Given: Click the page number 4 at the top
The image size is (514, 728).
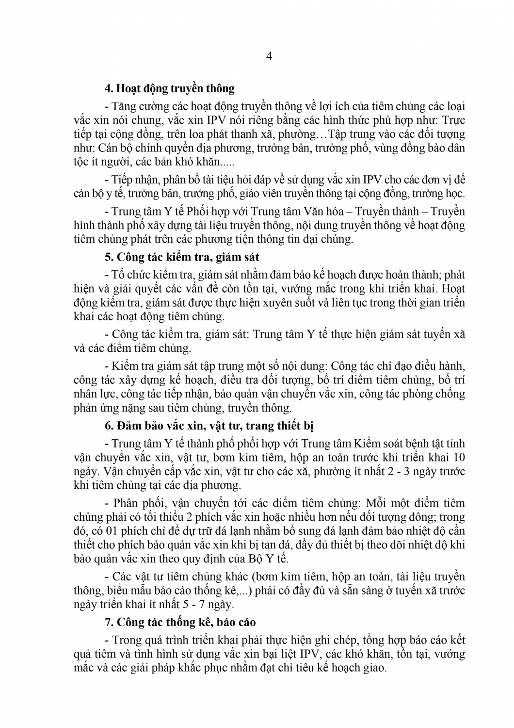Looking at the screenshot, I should click(269, 56).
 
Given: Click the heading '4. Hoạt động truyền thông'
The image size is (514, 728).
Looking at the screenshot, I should click(169, 88).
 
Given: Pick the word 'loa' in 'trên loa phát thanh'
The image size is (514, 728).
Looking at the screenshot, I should click(196, 134).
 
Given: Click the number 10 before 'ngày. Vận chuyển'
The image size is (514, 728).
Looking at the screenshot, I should click(458, 457).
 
